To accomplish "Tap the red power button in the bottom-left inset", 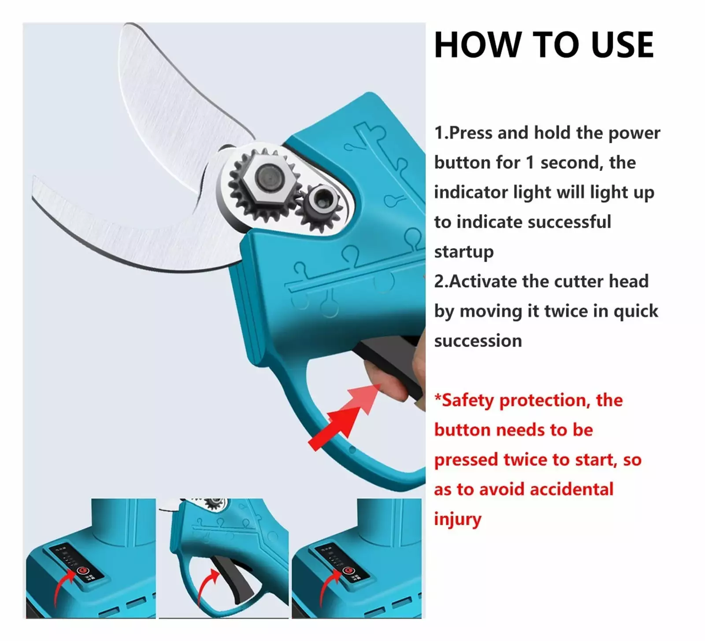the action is (81, 571).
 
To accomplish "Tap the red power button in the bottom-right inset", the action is (348, 571).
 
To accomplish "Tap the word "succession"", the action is (478, 341).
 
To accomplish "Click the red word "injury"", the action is (457, 519).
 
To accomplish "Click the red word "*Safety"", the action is (464, 400).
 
